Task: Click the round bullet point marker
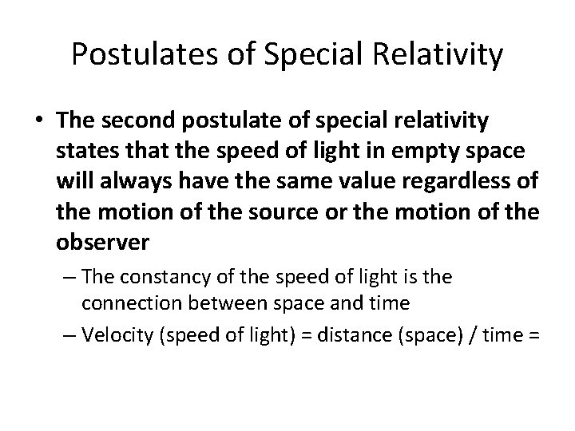[x=41, y=119]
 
